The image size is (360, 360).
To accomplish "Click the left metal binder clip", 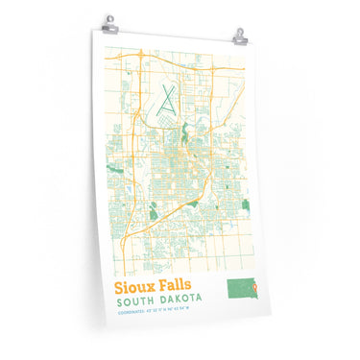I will coord(108,20).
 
